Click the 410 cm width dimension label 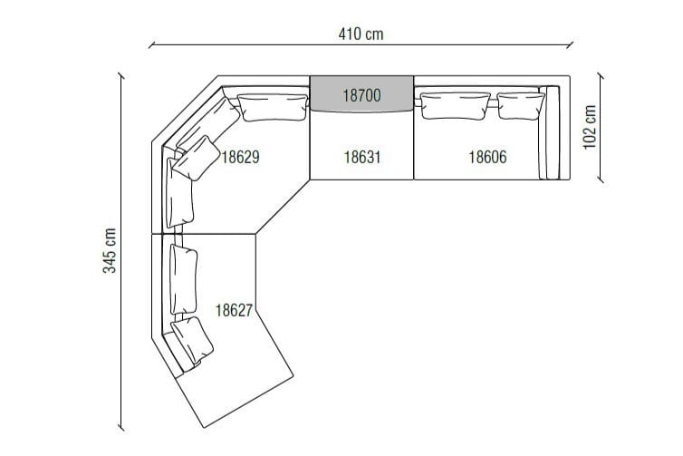[361, 34]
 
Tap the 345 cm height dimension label [109, 250]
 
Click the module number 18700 [361, 93]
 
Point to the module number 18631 [361, 157]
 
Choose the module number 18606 [487, 157]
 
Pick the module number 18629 [241, 157]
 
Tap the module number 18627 [234, 310]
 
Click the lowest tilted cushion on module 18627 [195, 342]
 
